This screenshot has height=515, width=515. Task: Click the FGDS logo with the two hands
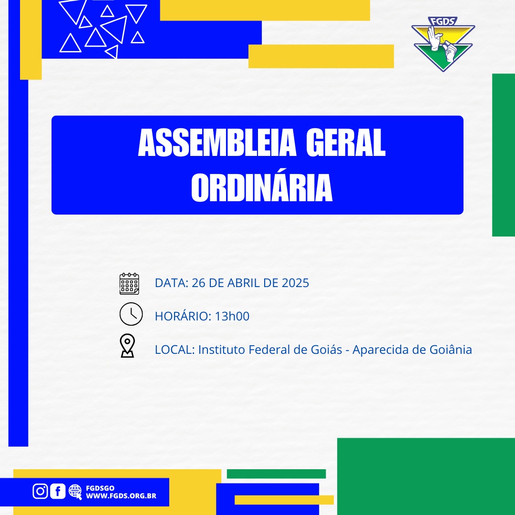coord(443,44)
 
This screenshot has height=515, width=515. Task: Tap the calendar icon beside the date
coord(129,283)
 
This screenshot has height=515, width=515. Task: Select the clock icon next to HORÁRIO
coord(131,314)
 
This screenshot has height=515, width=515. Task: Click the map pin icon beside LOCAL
coord(127,346)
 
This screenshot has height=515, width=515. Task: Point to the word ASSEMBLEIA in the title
coord(217,143)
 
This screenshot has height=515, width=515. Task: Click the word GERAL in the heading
coord(346,143)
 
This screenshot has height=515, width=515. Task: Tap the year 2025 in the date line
coord(295,283)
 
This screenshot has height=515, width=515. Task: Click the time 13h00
coord(232,316)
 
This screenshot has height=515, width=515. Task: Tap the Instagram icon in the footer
coord(41,491)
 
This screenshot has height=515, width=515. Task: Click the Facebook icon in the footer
coord(58,491)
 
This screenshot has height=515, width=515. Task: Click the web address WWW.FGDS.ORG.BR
coord(121,496)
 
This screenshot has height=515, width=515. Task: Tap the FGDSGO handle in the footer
coord(100,488)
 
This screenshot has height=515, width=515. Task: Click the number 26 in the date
coord(198,283)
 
